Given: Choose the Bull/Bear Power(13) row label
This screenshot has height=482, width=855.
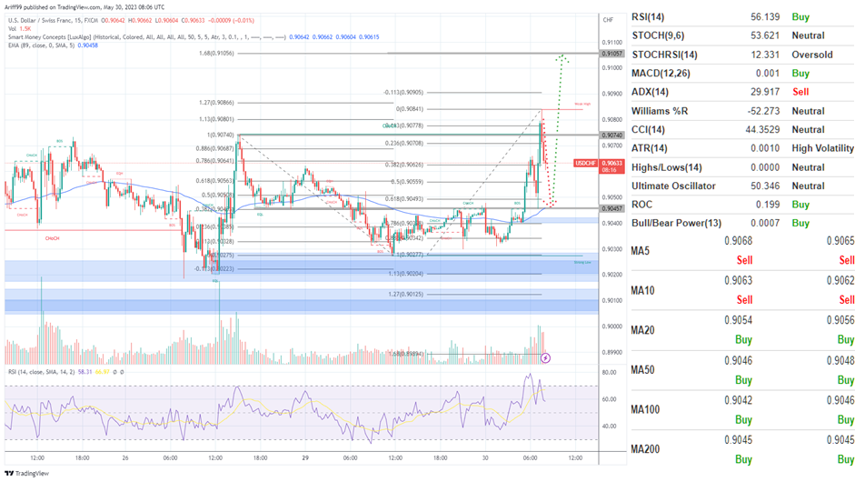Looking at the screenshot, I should (677, 224).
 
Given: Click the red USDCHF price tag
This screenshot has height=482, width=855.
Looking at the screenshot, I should (586, 165).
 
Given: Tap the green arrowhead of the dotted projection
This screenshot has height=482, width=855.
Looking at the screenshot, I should (563, 57).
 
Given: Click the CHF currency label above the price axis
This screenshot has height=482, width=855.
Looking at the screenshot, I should (607, 18).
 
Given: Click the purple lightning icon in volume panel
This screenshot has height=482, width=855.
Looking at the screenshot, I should (545, 357).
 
